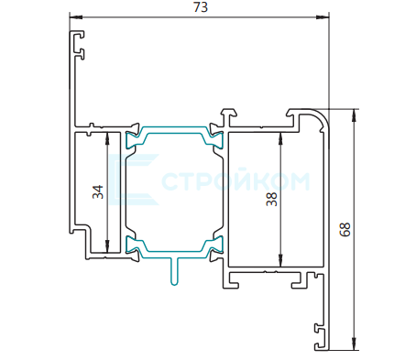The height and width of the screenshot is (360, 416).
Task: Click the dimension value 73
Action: (x=201, y=7)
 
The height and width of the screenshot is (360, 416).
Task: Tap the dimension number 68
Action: (x=345, y=229)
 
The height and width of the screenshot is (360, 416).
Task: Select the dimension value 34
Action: (x=98, y=192)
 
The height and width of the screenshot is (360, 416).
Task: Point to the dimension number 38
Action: (x=271, y=199)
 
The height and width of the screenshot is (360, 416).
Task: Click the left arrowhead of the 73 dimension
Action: (x=76, y=17)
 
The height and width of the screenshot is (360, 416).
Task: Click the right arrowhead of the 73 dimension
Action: (x=323, y=17)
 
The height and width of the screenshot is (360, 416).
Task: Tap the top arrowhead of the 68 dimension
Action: (x=354, y=115)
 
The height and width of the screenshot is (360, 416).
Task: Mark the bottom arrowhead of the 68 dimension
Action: (x=354, y=344)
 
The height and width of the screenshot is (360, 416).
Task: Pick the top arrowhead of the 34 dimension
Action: (x=107, y=138)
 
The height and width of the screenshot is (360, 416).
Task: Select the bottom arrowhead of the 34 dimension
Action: (x=107, y=246)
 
